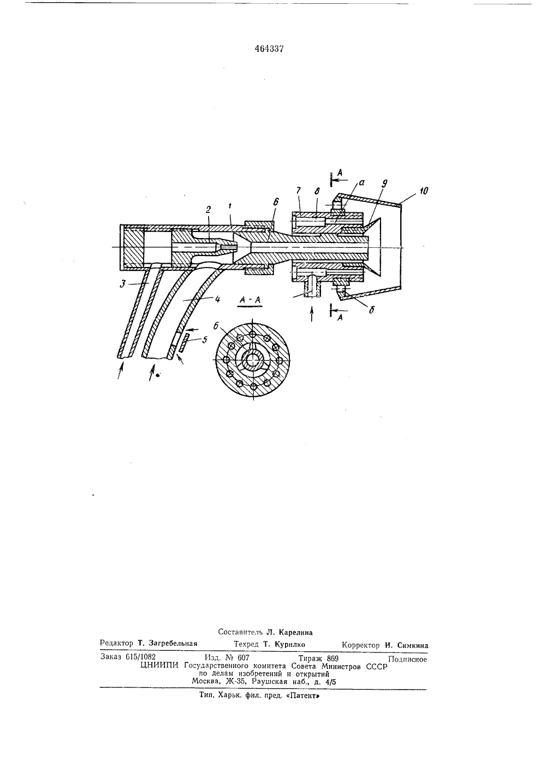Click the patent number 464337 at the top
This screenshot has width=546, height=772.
tap(269, 49)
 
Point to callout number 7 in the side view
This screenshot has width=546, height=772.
tap(298, 190)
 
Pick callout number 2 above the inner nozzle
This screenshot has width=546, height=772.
tap(208, 210)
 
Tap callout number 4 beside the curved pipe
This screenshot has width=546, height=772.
tap(217, 299)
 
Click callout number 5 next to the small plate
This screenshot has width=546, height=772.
tap(205, 340)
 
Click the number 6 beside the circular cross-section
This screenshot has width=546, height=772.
tap(216, 326)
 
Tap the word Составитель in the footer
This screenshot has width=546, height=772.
tap(240, 632)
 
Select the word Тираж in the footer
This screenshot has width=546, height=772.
tap(310, 657)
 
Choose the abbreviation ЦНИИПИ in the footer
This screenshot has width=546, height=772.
tap(160, 666)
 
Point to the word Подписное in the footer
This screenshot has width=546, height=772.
tap(407, 660)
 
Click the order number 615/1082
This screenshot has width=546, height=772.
tap(141, 657)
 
